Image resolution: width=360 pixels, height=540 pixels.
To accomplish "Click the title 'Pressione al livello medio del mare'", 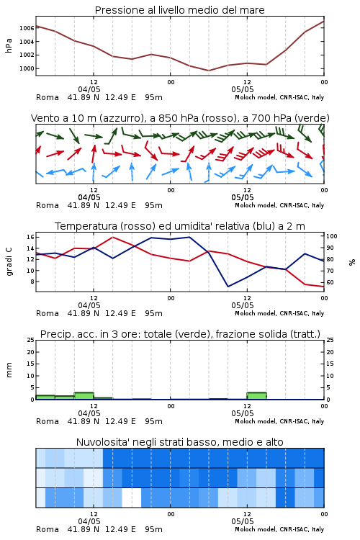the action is pyautogui.click(x=179, y=10).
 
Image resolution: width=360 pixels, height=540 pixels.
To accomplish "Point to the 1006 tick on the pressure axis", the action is pyautogui.click(x=27, y=28).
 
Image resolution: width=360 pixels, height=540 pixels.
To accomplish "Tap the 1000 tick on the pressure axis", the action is pyautogui.click(x=27, y=68).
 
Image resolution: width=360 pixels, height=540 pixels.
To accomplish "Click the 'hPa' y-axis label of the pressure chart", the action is pyautogui.click(x=9, y=45).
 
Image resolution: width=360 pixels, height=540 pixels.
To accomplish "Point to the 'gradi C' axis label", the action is pyautogui.click(x=9, y=261).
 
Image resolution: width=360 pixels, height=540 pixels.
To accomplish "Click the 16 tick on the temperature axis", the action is pyautogui.click(x=30, y=237).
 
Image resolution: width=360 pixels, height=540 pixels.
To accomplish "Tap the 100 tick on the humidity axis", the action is pyautogui.click(x=332, y=236).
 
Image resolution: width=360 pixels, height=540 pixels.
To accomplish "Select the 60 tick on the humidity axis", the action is pyautogui.click(x=330, y=282).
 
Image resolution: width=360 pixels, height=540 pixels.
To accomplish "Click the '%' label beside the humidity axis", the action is pyautogui.click(x=352, y=262).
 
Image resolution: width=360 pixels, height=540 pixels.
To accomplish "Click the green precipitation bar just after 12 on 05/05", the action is pyautogui.click(x=256, y=396).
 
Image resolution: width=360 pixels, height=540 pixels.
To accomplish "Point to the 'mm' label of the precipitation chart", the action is pyautogui.click(x=9, y=370).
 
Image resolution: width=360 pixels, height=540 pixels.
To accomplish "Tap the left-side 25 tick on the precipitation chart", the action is pyautogui.click(x=30, y=340).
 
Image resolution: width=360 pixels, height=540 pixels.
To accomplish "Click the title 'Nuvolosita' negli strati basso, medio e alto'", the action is pyautogui.click(x=179, y=442).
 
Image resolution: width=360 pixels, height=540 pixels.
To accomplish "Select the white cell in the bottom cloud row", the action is pyautogui.click(x=132, y=498).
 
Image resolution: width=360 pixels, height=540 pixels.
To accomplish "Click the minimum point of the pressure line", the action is pyautogui.click(x=208, y=71).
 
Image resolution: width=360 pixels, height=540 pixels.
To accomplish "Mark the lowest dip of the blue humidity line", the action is pyautogui.click(x=228, y=287).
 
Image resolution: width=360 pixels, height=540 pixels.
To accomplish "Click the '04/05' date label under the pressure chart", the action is pyautogui.click(x=89, y=89).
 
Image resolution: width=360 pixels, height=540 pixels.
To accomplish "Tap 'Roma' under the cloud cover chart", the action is pyautogui.click(x=48, y=529).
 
